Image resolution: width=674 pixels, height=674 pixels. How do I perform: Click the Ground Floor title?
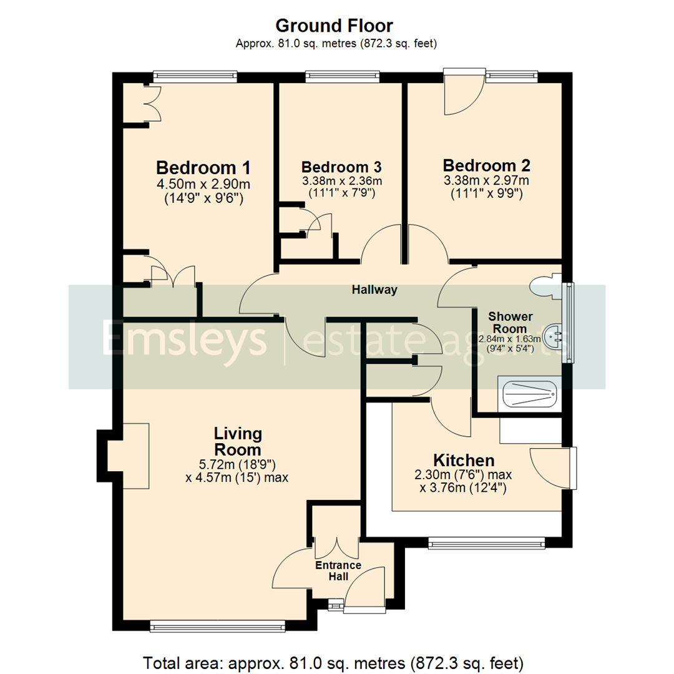[335, 26]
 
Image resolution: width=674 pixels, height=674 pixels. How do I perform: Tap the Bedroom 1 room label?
[203, 168]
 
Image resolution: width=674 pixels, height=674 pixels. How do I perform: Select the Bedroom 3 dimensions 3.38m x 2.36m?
[341, 181]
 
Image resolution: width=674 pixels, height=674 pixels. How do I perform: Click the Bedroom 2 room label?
[486, 166]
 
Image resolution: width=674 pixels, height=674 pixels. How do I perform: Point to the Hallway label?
[374, 290]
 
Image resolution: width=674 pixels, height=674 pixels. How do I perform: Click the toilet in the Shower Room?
[544, 285]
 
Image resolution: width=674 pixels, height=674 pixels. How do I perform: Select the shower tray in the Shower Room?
[529, 394]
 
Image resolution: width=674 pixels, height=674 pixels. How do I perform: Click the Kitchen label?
[464, 461]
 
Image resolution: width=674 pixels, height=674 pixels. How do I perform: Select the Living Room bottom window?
[217, 626]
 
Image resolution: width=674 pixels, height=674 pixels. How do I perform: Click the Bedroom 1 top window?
[195, 76]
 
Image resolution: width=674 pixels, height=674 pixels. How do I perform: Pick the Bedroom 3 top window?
[342, 76]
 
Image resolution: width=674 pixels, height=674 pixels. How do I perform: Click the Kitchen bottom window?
[486, 543]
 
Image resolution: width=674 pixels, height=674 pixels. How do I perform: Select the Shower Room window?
[569, 323]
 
